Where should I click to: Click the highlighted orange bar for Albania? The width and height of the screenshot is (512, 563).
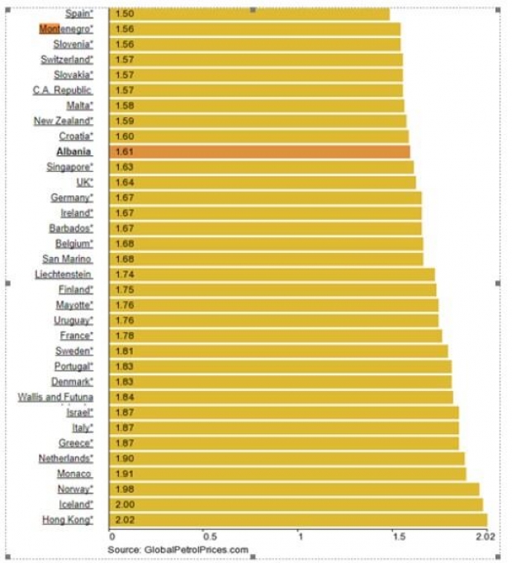(260, 151)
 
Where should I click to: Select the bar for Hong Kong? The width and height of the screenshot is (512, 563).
(297, 519)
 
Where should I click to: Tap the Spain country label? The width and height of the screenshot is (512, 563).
(78, 13)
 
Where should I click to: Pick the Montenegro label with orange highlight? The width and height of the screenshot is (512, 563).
(66, 29)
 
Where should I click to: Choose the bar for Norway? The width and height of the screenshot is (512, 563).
(294, 489)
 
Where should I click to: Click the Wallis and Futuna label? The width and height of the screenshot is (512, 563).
(55, 397)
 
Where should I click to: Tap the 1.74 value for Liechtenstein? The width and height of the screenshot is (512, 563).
(125, 274)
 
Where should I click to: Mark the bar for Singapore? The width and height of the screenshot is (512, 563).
(262, 167)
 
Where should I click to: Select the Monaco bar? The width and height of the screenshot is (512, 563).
(287, 474)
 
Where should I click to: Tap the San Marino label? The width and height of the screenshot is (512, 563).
(67, 259)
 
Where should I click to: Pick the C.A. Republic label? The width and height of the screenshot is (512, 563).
(62, 90)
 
